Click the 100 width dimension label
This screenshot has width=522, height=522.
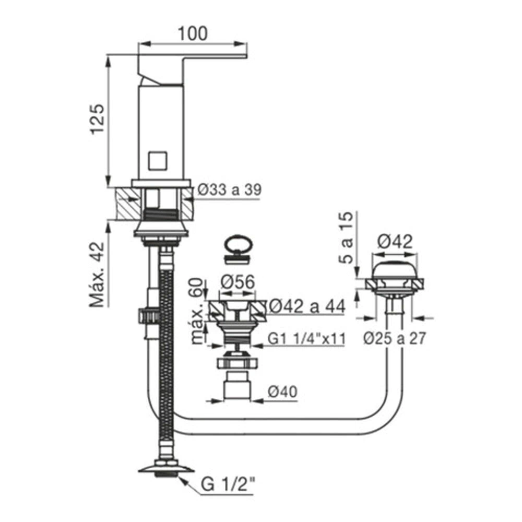[x=193, y=33]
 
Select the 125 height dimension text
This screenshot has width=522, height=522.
[x=98, y=119]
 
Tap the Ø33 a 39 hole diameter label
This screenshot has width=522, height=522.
[x=229, y=190]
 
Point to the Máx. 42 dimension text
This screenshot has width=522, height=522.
[x=97, y=275]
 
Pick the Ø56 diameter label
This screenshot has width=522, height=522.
[x=238, y=282]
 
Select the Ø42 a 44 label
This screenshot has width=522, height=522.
[x=306, y=306]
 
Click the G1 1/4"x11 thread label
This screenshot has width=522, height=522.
[x=306, y=339]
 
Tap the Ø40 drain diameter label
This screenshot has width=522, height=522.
[x=282, y=391]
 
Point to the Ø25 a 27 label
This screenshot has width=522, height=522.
[x=395, y=338]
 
